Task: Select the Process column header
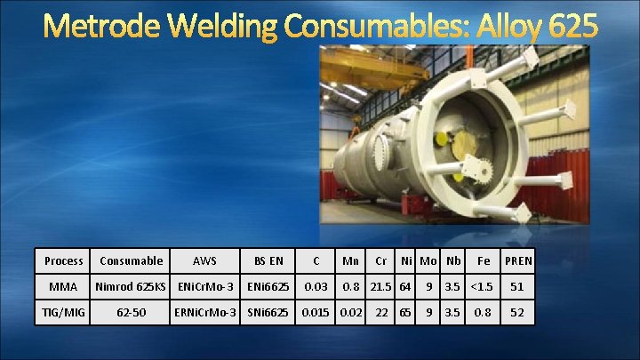(63, 260)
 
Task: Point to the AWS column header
(206, 260)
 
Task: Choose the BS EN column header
(268, 260)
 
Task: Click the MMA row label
(63, 287)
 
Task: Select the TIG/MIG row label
(63, 313)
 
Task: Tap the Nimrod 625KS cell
(131, 287)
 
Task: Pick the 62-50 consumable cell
(131, 313)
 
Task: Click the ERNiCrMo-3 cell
(206, 313)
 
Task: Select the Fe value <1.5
(483, 287)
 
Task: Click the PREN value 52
(516, 313)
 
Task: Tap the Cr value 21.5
(381, 287)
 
